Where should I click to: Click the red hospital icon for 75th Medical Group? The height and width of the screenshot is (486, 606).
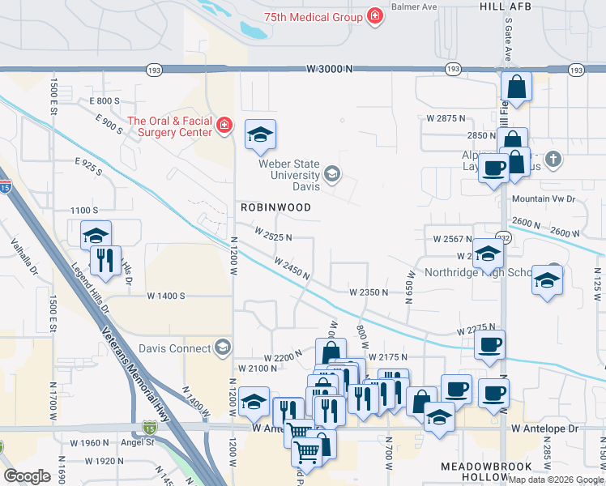(374, 16)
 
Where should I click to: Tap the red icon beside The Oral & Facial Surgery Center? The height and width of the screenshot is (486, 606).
(224, 126)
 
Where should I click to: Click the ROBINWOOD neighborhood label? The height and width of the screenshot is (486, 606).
(275, 207)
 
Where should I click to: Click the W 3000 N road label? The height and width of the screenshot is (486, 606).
(331, 70)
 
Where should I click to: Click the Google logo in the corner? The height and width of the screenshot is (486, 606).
(27, 476)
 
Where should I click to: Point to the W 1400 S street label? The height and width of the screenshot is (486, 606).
(166, 296)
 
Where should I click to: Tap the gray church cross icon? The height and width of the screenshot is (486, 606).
(553, 159)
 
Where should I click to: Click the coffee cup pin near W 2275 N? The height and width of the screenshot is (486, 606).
(489, 344)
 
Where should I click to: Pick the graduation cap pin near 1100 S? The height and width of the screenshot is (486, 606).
(96, 235)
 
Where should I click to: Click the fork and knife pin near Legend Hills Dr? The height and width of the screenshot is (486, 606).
(105, 260)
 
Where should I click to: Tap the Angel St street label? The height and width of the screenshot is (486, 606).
(137, 442)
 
